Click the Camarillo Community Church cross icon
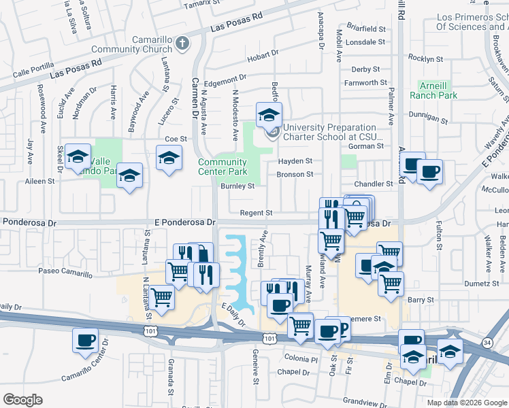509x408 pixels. click(x=182, y=44)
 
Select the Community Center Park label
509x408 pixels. click(x=223, y=167)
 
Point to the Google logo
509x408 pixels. click(x=22, y=400)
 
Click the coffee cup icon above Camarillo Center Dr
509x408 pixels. click(x=85, y=340)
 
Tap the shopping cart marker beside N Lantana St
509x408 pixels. click(x=161, y=297)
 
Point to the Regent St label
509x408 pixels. click(x=256, y=213)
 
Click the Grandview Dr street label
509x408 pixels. click(x=367, y=401)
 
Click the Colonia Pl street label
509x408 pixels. click(x=300, y=358)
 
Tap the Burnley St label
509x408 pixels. click(x=237, y=186)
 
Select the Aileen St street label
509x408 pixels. click(x=40, y=181)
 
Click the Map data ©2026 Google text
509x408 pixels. click(x=466, y=402)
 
